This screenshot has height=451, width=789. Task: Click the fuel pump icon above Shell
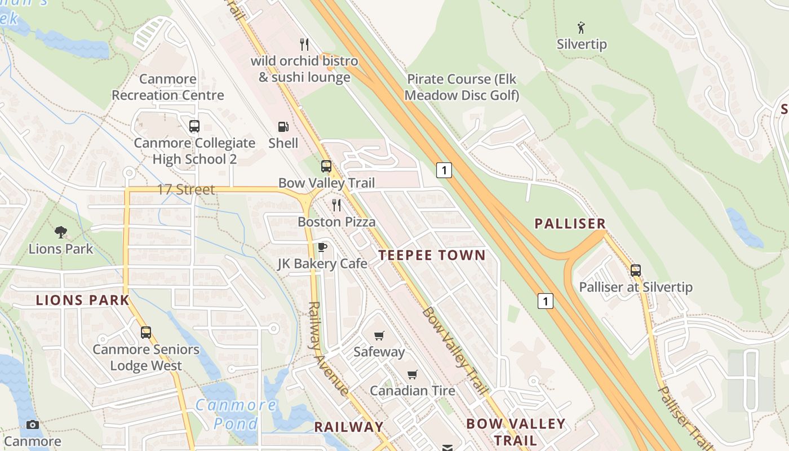283,127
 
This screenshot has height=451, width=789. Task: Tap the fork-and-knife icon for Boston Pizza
336,205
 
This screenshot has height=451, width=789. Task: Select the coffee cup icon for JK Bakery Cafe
322,247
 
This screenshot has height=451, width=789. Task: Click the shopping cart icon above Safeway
379,335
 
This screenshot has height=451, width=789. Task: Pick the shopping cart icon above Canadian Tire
413,375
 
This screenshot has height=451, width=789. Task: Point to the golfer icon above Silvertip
581,27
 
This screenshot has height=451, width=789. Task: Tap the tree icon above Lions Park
61,232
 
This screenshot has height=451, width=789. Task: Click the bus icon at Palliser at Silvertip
636,270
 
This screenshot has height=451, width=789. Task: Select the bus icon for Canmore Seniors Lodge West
146,333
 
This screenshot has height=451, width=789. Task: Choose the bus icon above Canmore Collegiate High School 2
194,126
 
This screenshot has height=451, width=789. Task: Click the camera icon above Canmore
33,425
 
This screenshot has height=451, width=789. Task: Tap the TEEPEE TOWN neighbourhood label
432,255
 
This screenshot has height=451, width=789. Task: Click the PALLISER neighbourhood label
570,224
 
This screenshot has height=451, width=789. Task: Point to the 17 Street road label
185,190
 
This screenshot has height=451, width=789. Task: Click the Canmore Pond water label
236,414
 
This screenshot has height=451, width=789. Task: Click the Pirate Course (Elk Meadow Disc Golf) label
462,87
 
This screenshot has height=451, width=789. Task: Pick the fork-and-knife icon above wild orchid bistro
304,44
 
